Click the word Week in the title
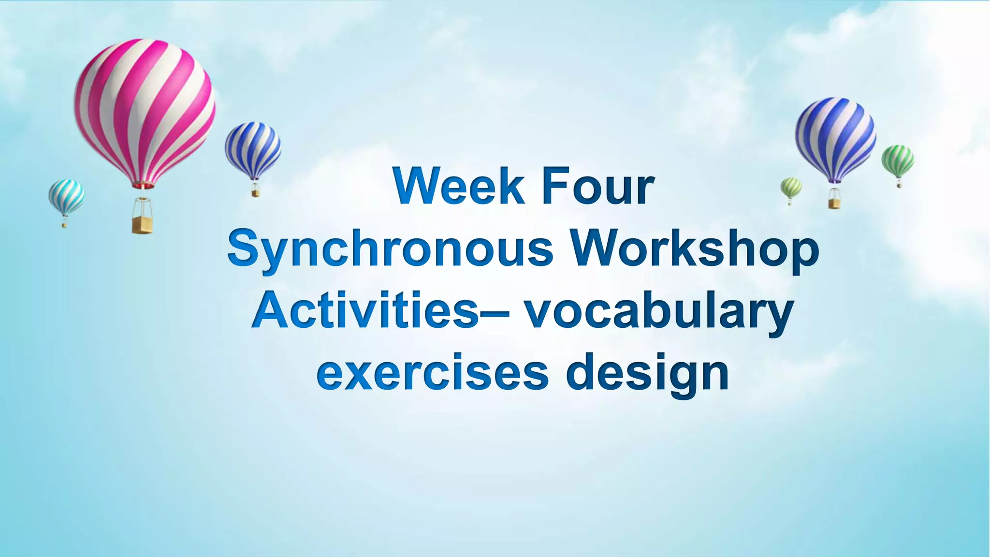458,187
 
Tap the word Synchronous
390,249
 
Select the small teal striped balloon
66,196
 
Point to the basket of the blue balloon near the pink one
256,193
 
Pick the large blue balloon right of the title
835,138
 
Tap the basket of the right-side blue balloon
834,203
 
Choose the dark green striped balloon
897,160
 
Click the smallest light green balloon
791,187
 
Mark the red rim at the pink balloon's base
143,185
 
